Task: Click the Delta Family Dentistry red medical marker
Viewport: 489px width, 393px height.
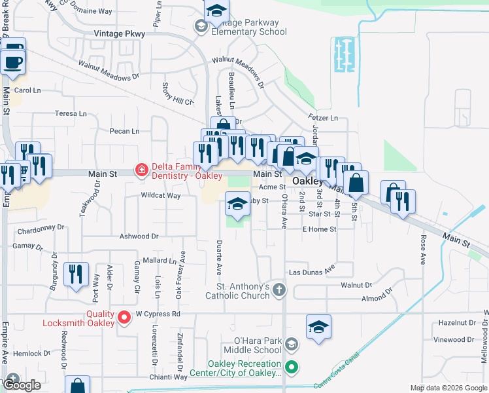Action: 140,170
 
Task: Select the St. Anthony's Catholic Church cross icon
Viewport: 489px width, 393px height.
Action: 279,290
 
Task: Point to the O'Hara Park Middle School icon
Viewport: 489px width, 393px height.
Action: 292,343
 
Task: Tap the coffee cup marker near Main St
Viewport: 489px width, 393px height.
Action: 13,62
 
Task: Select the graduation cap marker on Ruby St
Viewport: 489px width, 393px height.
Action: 237,204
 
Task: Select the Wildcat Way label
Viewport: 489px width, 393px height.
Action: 160,196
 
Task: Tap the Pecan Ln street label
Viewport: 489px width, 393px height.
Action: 125,131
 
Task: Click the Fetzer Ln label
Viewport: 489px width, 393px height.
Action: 324,119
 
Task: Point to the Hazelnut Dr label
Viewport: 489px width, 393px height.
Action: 456,323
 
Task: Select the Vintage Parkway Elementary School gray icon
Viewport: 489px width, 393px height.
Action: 201,26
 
